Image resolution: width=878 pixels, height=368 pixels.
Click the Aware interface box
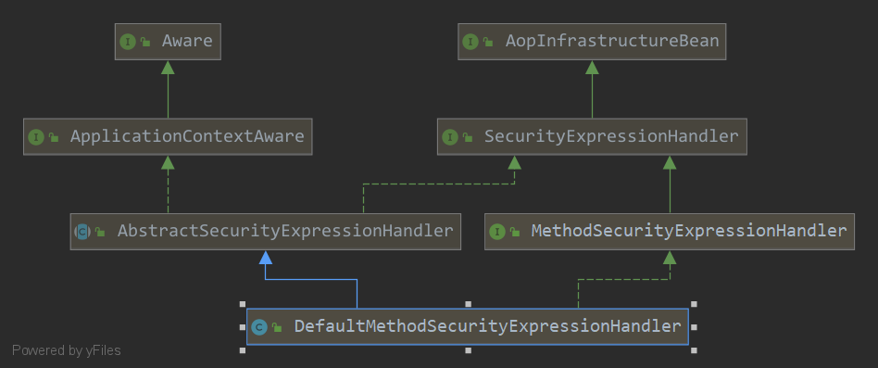(x=168, y=42)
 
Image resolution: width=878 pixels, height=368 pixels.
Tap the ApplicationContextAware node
(x=168, y=137)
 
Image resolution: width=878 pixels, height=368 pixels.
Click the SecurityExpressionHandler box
(x=592, y=137)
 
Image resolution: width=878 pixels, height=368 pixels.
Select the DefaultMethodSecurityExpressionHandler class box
(x=468, y=326)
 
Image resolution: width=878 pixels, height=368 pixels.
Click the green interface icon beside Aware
(x=127, y=42)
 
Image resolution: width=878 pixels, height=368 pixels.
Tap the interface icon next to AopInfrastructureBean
(x=470, y=42)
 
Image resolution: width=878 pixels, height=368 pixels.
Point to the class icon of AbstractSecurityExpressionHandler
(x=82, y=232)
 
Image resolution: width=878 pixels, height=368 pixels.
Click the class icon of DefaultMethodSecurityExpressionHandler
(x=259, y=327)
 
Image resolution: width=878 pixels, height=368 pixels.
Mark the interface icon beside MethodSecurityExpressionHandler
(x=496, y=232)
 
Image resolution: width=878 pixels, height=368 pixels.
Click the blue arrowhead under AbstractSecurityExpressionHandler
(x=266, y=257)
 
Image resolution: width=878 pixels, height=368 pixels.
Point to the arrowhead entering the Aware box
(x=168, y=67)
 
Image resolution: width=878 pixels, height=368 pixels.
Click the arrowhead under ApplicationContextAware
(x=168, y=162)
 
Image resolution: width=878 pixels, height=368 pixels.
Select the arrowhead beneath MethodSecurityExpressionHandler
(x=670, y=257)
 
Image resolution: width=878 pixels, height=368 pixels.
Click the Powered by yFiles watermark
(x=66, y=350)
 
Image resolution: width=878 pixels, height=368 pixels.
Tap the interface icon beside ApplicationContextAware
(x=36, y=137)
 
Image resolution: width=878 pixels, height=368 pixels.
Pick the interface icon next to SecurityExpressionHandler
(x=450, y=137)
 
